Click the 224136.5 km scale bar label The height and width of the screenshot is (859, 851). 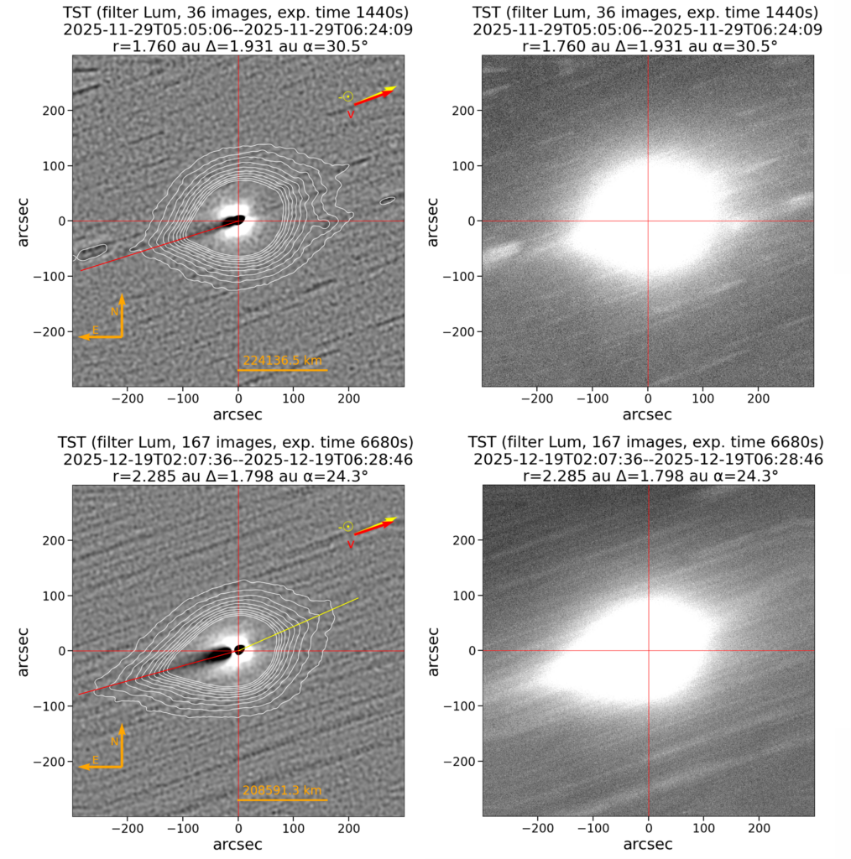pyautogui.click(x=282, y=360)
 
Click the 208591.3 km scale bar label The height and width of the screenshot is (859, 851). pyautogui.click(x=282, y=790)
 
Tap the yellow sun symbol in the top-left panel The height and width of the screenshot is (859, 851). pyautogui.click(x=347, y=97)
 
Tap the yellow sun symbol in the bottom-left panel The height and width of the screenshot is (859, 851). pyautogui.click(x=347, y=527)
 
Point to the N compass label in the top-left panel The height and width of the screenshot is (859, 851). pyautogui.click(x=115, y=311)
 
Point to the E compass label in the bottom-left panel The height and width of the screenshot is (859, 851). pyautogui.click(x=96, y=760)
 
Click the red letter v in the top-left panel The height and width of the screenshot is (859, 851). pyautogui.click(x=351, y=115)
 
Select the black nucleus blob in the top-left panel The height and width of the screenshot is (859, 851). pyautogui.click(x=233, y=221)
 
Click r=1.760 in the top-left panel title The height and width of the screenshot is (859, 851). pyautogui.click(x=144, y=46)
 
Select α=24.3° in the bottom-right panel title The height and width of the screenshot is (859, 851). pyautogui.click(x=745, y=476)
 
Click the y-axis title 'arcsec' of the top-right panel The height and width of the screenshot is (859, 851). pyautogui.click(x=434, y=221)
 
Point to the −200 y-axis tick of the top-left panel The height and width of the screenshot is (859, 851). pyautogui.click(x=52, y=331)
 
